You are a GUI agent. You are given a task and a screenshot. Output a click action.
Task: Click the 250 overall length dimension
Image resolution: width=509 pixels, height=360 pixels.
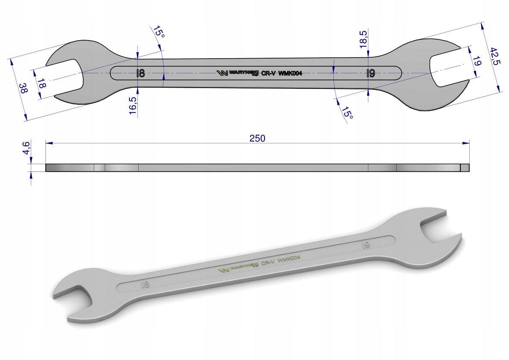click(x=258, y=138)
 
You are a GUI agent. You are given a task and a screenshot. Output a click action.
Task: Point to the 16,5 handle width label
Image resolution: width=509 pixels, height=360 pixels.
click(x=133, y=106)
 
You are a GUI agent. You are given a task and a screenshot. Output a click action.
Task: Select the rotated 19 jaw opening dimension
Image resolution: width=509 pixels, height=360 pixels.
click(x=477, y=62)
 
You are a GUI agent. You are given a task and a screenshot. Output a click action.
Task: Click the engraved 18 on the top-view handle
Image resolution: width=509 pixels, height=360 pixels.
click(x=140, y=73)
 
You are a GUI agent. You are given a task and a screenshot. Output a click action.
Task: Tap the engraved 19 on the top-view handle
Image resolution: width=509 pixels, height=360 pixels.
click(x=371, y=73)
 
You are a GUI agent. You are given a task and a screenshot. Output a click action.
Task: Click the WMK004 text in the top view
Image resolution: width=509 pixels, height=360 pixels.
click(x=290, y=73)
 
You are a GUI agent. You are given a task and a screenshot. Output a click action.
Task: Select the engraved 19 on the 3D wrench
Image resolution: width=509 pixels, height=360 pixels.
click(x=366, y=245)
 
